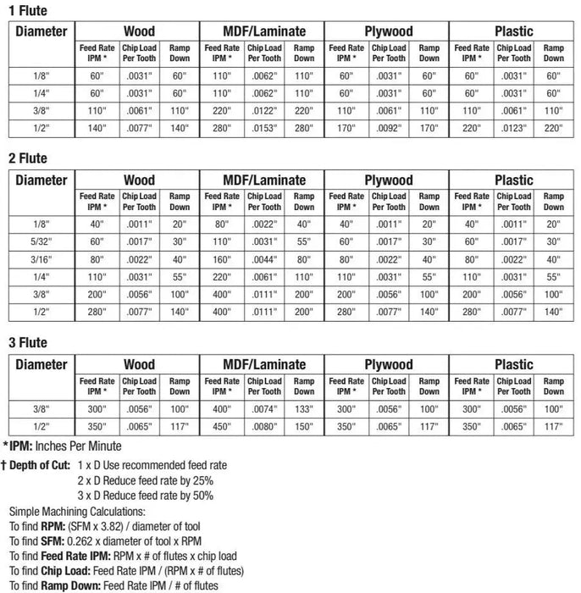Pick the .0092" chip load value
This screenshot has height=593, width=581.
click(x=389, y=129)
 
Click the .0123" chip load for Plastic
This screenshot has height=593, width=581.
click(x=513, y=129)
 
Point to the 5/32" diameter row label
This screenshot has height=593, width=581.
click(x=41, y=241)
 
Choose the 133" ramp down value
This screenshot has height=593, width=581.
click(x=303, y=409)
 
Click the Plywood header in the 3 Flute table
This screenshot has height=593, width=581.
click(x=388, y=364)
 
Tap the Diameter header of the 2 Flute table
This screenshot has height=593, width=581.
click(x=41, y=180)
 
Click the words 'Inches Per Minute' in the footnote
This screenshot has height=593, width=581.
click(x=81, y=446)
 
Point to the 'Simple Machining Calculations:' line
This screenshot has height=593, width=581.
click(x=79, y=512)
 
